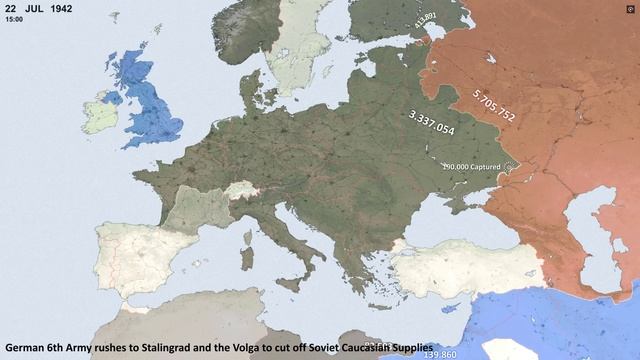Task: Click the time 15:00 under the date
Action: pyautogui.click(x=13, y=19)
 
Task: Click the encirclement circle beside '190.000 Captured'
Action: pyautogui.click(x=508, y=166)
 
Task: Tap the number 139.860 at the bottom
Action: pyautogui.click(x=440, y=354)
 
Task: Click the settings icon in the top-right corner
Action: pyautogui.click(x=630, y=8)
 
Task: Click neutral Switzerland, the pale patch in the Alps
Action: pyautogui.click(x=239, y=191)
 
